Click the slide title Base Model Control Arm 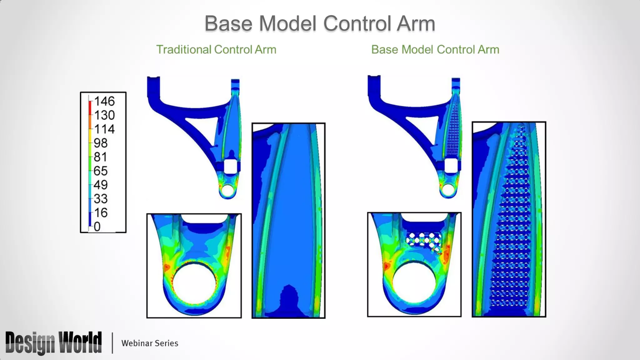coord(320,23)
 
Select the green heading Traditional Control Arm coord(216,50)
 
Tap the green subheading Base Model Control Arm coord(435,50)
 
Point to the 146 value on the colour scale coord(104,101)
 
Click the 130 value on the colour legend coord(104,115)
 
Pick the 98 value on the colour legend coord(101,143)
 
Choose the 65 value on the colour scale coord(101,171)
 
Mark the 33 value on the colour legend coord(101,199)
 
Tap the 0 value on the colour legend coord(97,227)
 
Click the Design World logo coord(53,343)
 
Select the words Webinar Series coord(150,343)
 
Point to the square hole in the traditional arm coord(231,166)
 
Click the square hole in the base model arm coord(451,166)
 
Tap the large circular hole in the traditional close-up coord(194,283)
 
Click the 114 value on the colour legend coord(104,129)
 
